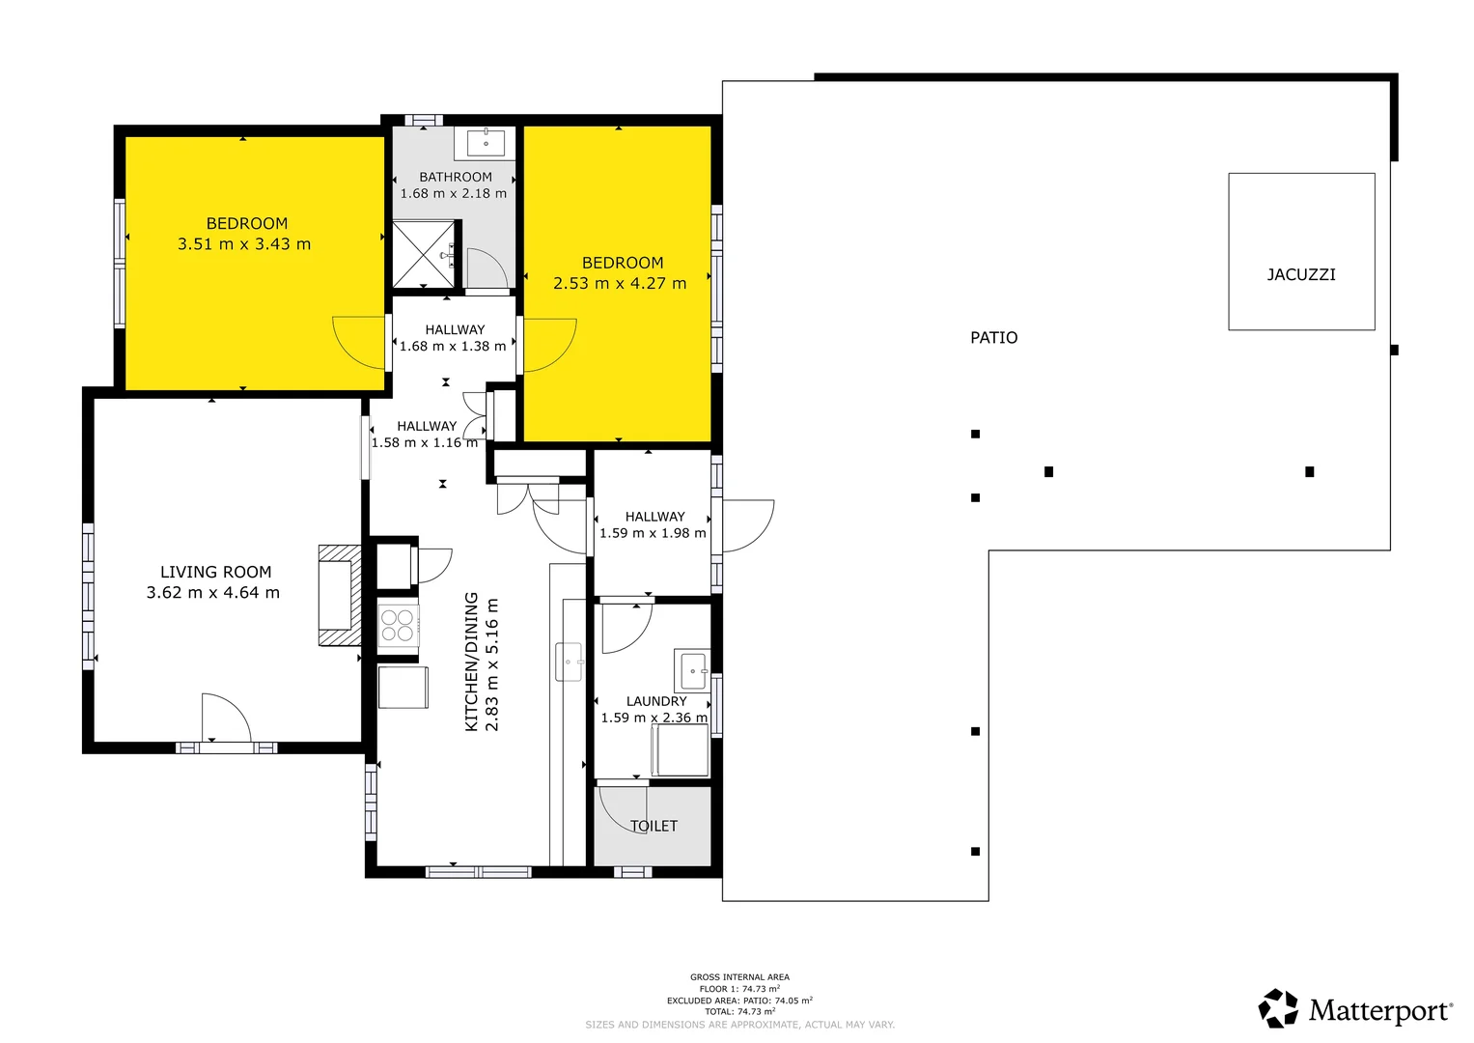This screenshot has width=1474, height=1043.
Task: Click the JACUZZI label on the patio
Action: [x=1300, y=275]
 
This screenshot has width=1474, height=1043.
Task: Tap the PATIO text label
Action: [x=993, y=338]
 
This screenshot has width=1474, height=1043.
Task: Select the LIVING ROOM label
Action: [x=215, y=573]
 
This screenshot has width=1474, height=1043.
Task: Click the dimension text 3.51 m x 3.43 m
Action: [x=244, y=244]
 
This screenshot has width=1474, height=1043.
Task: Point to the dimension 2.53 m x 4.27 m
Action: [x=620, y=284]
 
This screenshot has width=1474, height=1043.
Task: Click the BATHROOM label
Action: [x=456, y=178]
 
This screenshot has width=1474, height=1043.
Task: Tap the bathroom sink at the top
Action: [x=486, y=143]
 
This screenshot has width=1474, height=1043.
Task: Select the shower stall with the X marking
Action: [x=423, y=254]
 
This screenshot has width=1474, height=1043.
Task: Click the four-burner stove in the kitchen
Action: [x=398, y=626]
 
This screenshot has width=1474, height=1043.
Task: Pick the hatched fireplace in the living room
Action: [x=339, y=595]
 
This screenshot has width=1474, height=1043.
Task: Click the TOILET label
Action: [x=654, y=827]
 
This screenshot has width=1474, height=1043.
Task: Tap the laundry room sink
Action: [x=692, y=670]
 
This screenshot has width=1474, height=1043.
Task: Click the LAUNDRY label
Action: [x=656, y=702]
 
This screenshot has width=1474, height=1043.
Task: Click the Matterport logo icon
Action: [x=1278, y=1008]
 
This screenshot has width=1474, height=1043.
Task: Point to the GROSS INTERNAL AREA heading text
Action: [x=739, y=977]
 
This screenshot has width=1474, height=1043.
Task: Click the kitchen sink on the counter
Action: [x=569, y=662]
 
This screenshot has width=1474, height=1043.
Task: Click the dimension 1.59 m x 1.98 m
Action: [x=653, y=533]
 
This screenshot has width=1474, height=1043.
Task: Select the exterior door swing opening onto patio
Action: [x=747, y=524]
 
